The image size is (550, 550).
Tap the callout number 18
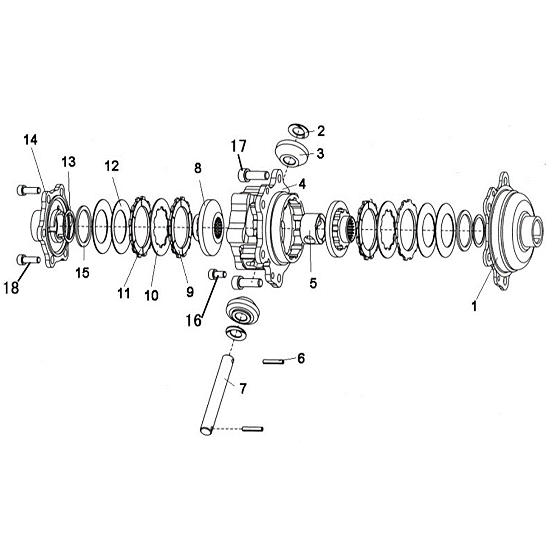click(11, 288)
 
